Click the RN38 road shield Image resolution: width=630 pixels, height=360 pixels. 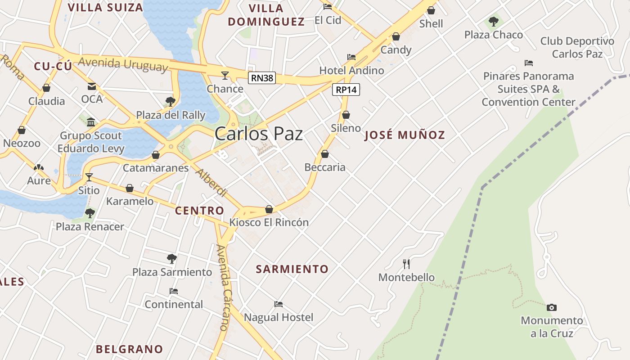262,78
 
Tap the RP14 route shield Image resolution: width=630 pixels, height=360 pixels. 346,90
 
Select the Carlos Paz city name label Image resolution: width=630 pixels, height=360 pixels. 259,134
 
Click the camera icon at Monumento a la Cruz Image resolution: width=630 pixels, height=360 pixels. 551,307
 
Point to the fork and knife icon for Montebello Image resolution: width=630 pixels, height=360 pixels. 406,264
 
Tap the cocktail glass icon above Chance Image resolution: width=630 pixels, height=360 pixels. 225,75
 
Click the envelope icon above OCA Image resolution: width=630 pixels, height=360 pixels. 92,86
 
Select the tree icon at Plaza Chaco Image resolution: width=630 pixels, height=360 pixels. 494,21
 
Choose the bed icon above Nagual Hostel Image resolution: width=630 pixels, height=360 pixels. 279,304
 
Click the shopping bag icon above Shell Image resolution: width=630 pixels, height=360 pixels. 431,10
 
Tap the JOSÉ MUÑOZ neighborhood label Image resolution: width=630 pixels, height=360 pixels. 405,135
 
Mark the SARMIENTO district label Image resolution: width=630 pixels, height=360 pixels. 292,269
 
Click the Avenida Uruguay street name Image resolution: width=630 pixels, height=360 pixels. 123,64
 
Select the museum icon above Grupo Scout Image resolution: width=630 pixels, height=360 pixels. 91,122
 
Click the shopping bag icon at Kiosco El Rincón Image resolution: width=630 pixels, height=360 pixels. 269,209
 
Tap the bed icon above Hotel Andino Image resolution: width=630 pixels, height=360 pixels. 351,57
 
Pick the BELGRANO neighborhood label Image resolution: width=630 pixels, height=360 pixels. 129,349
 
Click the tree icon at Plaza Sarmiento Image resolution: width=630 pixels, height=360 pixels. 171,258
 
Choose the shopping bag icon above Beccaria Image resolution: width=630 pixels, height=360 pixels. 325,154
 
